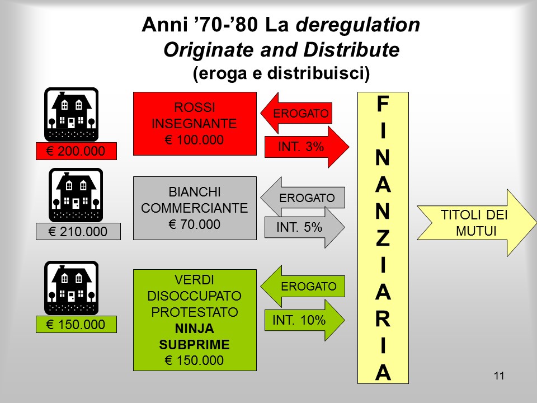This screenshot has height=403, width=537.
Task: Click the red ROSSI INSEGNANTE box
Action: pos(194,123)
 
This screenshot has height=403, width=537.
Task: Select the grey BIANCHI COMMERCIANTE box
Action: pos(194,208)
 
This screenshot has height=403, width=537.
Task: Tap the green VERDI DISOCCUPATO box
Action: pos(194,320)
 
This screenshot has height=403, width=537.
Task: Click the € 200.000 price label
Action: pos(76,151)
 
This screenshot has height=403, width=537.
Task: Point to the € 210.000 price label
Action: pos(78,231)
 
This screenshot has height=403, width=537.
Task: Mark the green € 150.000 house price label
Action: pos(76,325)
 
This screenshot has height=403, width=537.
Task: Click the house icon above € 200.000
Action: pos(71,114)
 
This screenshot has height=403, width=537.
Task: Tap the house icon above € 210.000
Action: pos(76,195)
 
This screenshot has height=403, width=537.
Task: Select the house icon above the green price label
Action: pos(71,288)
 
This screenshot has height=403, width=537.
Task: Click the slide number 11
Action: pos(500,376)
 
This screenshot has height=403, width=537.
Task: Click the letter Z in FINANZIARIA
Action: pos(383,238)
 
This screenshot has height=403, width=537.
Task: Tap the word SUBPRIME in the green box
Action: pos(194,344)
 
